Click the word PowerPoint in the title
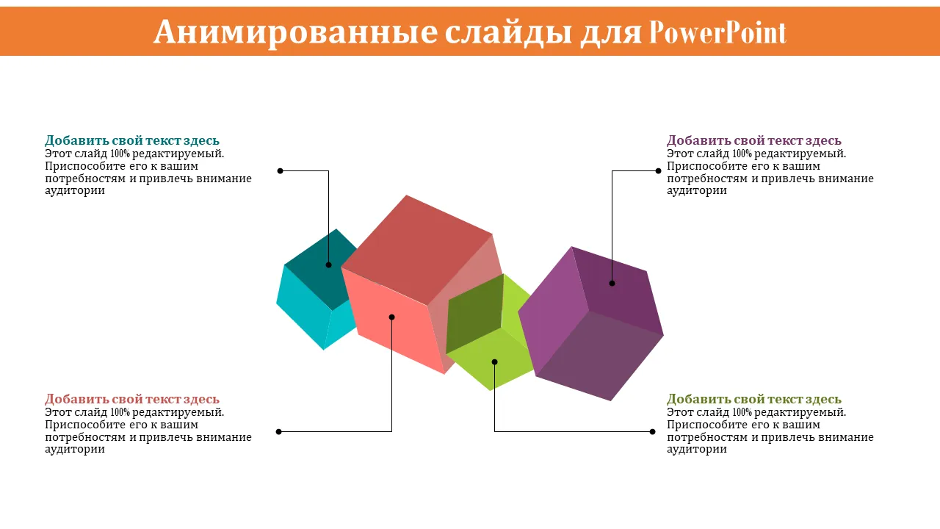tap(717, 32)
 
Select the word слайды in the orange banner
tap(508, 32)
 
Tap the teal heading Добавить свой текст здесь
tap(132, 140)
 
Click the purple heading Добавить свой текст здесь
tap(754, 140)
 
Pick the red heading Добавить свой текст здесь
tap(132, 399)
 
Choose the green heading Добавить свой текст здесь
tap(754, 399)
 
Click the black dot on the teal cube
tap(328, 265)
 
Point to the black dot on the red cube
tap(391, 317)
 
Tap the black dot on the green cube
tap(494, 362)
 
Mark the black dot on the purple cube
tap(612, 284)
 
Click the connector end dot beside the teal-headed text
tap(281, 171)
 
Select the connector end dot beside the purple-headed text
tap(658, 171)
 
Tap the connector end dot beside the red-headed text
tap(278, 431)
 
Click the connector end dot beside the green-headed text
tap(652, 431)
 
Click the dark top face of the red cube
tap(418, 250)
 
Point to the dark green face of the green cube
tap(475, 313)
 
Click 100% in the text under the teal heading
tap(120, 154)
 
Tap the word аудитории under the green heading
tap(697, 449)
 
